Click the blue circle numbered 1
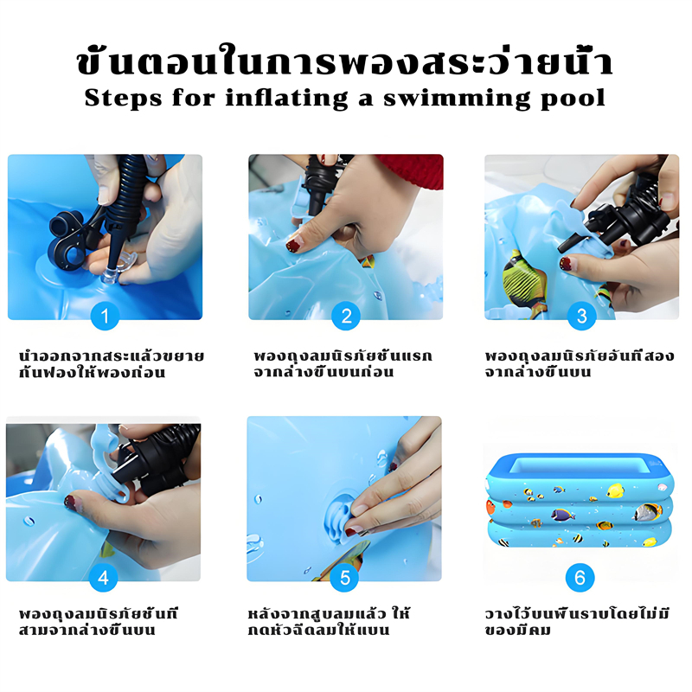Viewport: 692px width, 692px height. point(105,316)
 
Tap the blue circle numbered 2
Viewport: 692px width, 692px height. point(346,316)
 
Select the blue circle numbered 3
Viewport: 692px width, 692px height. point(581,316)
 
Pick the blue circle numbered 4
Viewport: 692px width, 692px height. point(103,577)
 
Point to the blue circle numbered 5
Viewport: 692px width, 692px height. point(344,577)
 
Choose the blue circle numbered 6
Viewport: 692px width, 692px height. point(580,577)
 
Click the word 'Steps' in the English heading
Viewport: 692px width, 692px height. point(123,98)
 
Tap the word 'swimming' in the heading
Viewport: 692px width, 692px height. point(457,99)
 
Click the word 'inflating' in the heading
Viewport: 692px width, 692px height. point(286,99)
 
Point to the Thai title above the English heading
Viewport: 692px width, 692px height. point(344,60)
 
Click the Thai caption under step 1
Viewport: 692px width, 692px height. point(112,364)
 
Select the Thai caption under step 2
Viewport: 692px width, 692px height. point(343,364)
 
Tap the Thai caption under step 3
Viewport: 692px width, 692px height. point(580,364)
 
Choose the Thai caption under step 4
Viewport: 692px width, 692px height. point(98,622)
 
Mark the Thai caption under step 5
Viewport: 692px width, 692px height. point(329,622)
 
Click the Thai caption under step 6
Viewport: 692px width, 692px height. point(577,622)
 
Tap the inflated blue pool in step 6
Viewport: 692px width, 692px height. point(580,500)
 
